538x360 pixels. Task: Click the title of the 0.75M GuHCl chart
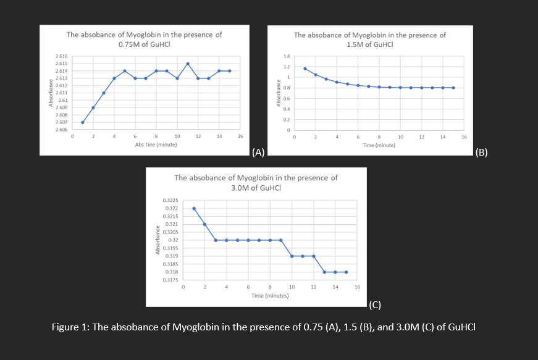pos(144,40)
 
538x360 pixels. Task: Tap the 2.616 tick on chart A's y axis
pos(61,56)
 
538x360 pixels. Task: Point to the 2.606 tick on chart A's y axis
pos(61,130)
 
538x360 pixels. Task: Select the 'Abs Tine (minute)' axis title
pos(156,144)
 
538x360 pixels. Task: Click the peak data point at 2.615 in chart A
pos(187,64)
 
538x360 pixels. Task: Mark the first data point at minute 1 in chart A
pos(83,122)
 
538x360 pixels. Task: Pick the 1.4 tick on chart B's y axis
pos(287,56)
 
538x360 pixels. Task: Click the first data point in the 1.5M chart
pos(305,68)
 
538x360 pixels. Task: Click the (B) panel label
pos(482,153)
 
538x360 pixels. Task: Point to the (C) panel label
pos(375,304)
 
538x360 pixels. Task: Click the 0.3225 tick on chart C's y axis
pos(170,201)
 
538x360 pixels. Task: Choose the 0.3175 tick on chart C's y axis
pos(170,280)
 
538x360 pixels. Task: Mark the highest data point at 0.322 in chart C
pos(194,208)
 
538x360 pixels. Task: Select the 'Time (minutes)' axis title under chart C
pos(271,296)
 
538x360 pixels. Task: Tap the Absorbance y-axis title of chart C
pos(158,241)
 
